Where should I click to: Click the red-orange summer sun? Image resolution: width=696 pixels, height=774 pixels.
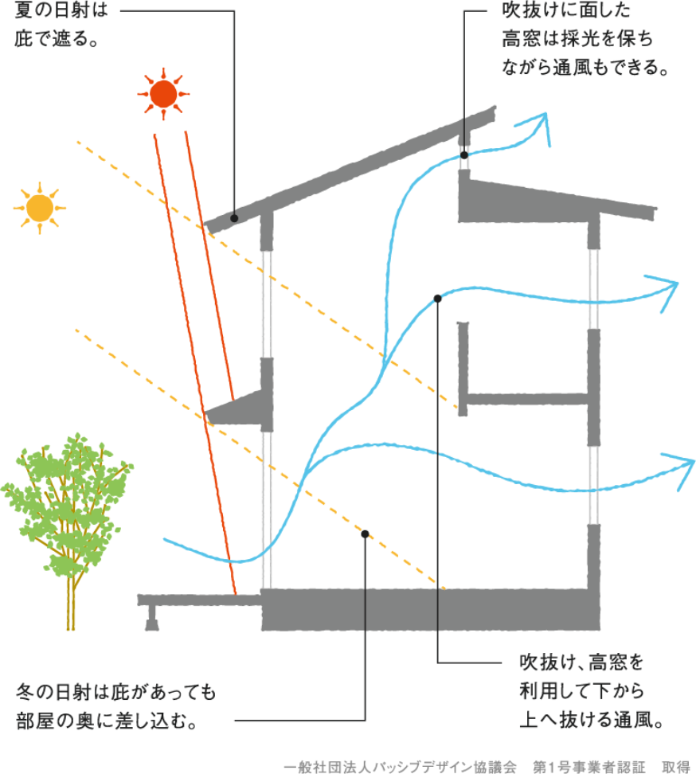pos(164,94)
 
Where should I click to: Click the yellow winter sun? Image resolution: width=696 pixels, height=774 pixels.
pos(38,207)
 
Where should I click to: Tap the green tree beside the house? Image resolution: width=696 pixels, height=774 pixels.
pos(67,502)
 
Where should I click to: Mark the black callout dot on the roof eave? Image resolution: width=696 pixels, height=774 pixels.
pos(234,217)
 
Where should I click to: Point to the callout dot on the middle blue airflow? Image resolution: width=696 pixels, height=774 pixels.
pos(438,299)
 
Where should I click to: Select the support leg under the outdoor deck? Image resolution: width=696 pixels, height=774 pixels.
pos(151,617)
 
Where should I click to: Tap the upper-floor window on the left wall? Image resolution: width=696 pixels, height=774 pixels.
pos(266,303)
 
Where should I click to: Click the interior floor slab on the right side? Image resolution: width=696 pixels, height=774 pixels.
pos(526,397)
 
